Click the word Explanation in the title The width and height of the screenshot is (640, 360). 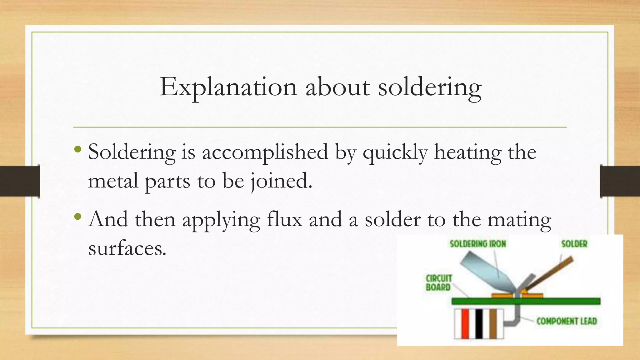228,87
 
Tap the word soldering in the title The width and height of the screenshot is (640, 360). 430,87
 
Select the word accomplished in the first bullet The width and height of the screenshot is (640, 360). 265,152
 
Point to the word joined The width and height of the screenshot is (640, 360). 281,181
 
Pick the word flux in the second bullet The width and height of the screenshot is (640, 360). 284,219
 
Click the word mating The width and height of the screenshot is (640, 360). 519,220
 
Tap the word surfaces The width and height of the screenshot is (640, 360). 127,248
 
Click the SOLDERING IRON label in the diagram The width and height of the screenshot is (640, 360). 478,244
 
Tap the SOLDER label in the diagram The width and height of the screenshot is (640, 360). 574,244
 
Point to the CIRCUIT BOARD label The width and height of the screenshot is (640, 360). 438,283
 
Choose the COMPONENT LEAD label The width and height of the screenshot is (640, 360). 567,321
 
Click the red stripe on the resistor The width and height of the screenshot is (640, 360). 465,324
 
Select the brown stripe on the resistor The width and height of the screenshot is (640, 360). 493,324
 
